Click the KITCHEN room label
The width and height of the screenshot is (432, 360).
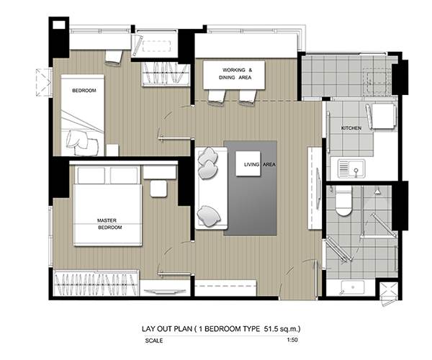(x=351, y=128)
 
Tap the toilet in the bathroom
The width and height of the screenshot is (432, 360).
(x=343, y=201)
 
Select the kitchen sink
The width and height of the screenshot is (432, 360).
(x=352, y=168)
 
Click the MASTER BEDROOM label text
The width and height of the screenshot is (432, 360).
(x=109, y=224)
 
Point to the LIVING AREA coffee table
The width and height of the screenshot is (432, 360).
(x=248, y=163)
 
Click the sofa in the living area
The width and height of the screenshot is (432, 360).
(x=211, y=188)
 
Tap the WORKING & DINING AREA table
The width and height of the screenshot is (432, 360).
(x=234, y=75)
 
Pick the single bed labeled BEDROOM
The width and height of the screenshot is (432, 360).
(x=83, y=115)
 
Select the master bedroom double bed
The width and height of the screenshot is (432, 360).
(x=108, y=206)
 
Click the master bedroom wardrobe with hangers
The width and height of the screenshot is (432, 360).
(x=96, y=283)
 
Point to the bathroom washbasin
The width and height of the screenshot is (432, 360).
(x=353, y=287)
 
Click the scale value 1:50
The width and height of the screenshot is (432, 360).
(x=292, y=340)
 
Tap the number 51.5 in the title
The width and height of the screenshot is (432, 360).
(x=270, y=328)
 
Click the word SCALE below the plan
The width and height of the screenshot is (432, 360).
(x=154, y=341)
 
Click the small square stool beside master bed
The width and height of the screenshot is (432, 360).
(x=158, y=189)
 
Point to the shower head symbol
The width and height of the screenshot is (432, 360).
(x=377, y=191)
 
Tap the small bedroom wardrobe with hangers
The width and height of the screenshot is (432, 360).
(x=166, y=74)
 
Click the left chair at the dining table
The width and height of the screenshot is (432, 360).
(x=217, y=97)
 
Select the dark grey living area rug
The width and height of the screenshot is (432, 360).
(x=250, y=188)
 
